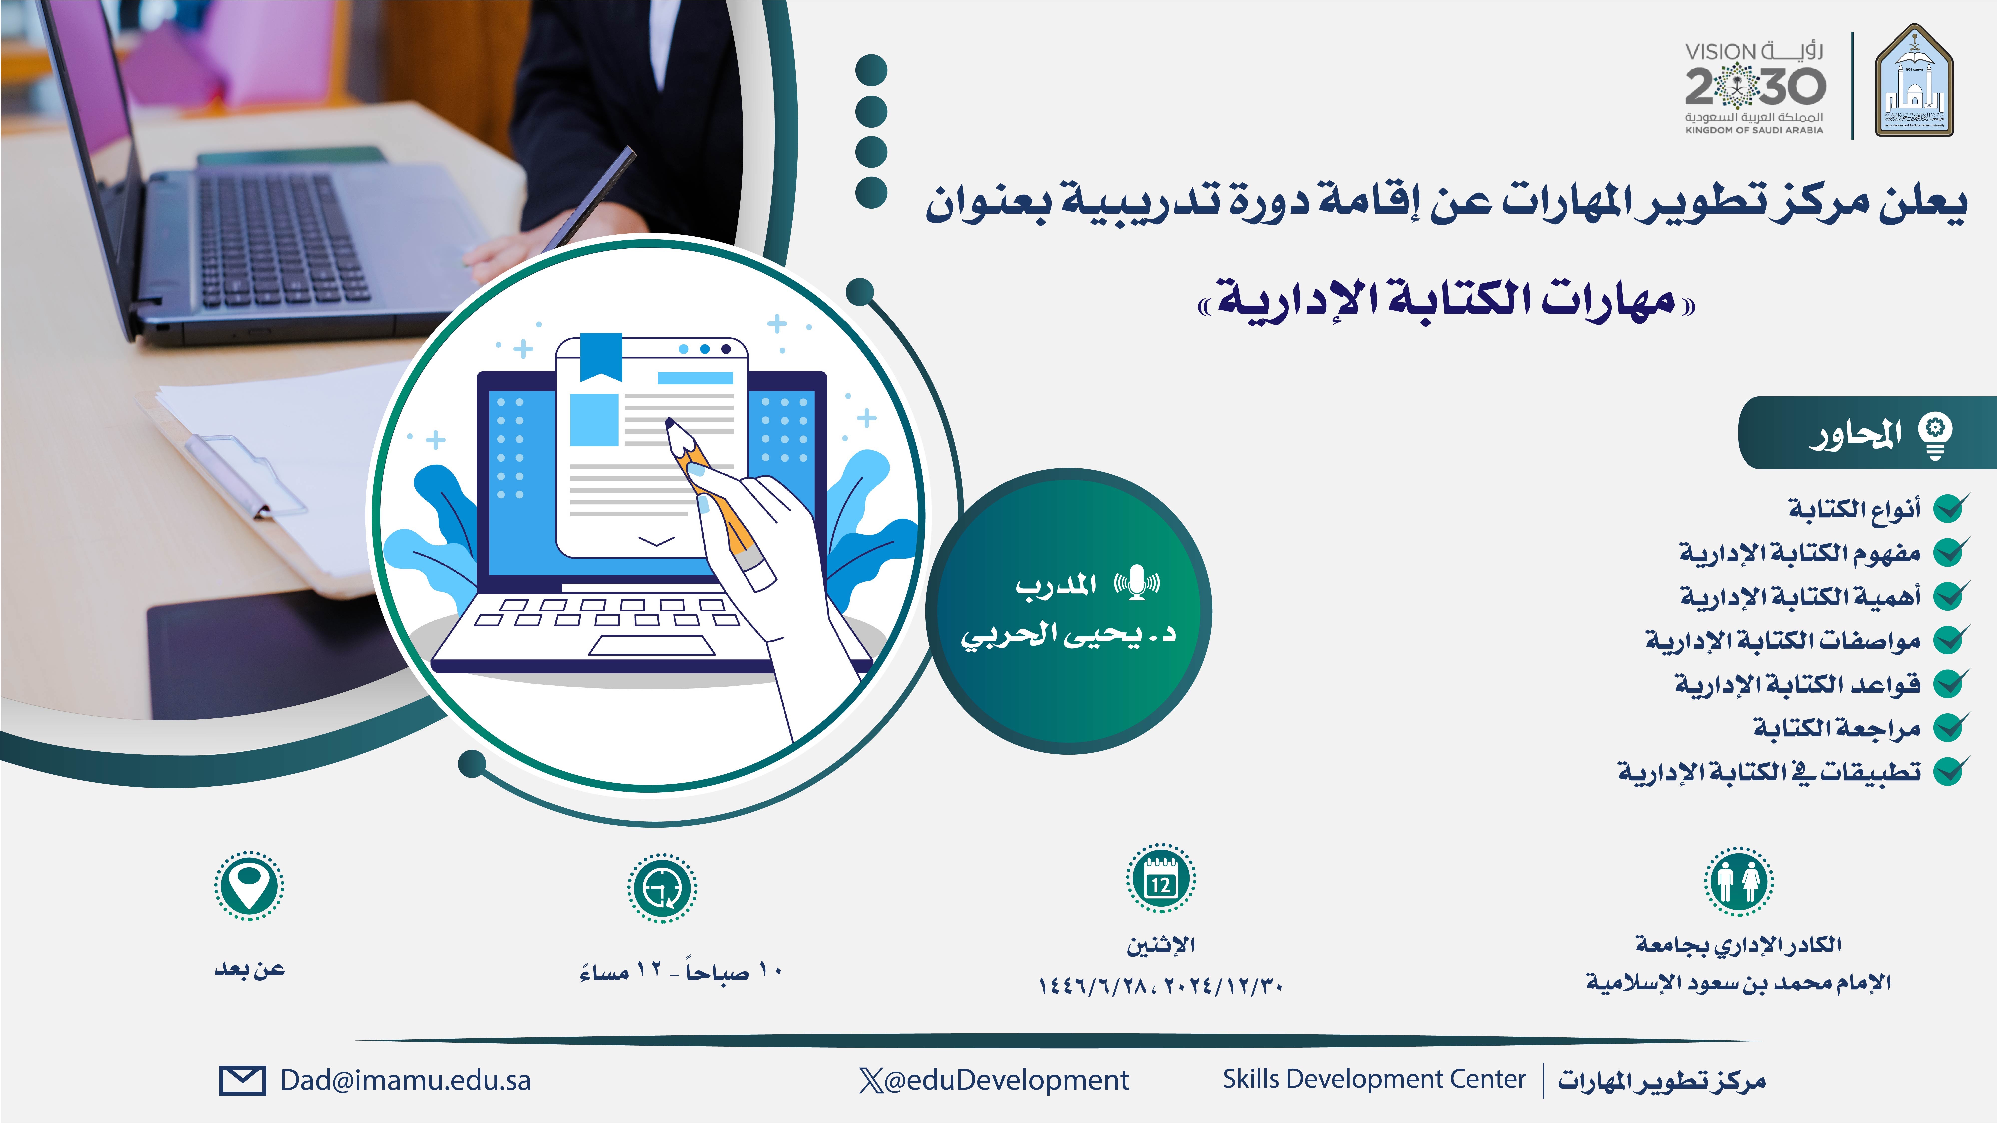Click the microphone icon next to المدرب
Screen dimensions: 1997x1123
(x=1137, y=583)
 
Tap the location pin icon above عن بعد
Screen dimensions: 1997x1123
(x=249, y=886)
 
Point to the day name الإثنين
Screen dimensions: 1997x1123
(x=1161, y=945)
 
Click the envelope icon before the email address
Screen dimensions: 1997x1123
(x=242, y=1080)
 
